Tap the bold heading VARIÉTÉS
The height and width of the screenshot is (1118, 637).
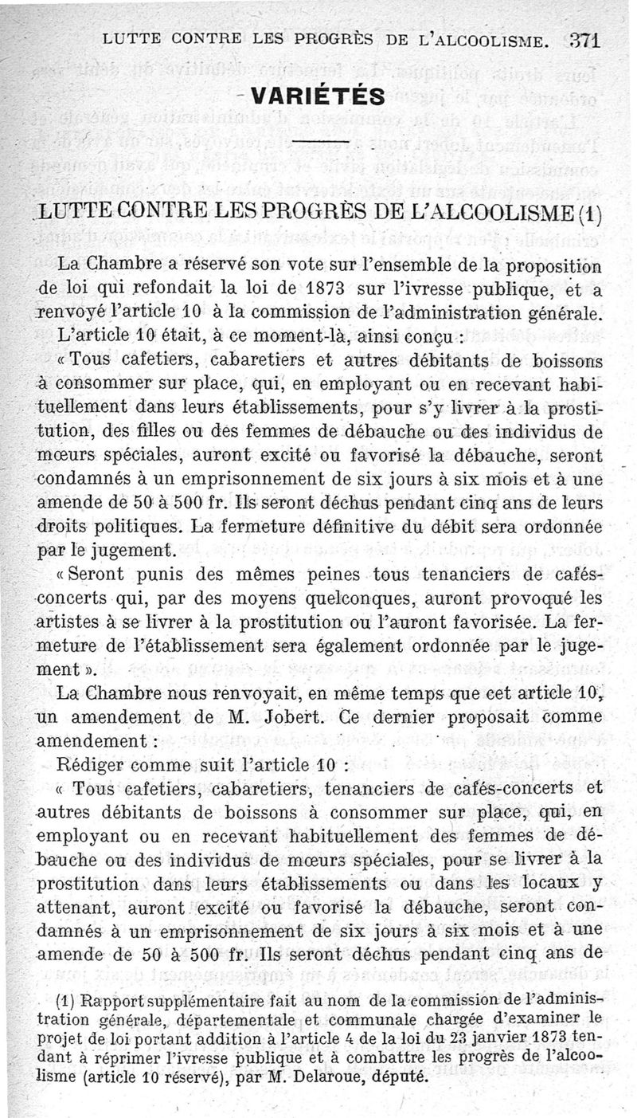pyautogui.click(x=318, y=96)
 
